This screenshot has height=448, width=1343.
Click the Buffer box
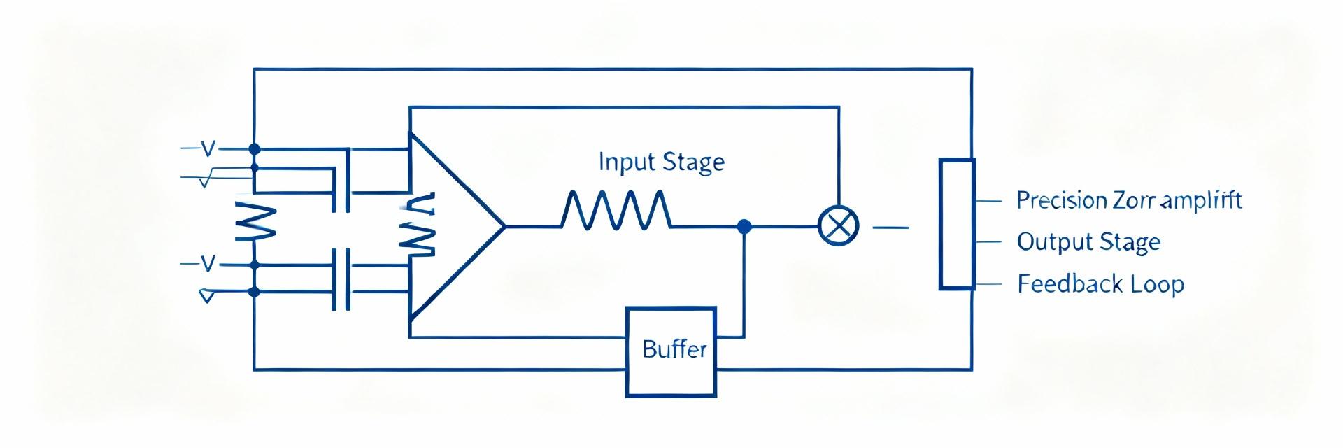[671, 351]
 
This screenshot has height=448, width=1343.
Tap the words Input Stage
[661, 162]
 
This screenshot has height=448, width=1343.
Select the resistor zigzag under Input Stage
[616, 210]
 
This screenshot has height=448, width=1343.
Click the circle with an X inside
[838, 227]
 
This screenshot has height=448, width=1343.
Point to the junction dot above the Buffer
[744, 226]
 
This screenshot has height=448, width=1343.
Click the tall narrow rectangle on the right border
[956, 224]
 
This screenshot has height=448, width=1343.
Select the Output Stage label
[1088, 242]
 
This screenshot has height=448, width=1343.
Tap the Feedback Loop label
[1100, 284]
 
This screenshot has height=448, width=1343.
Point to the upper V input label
[208, 148]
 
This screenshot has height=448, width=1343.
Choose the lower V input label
[208, 264]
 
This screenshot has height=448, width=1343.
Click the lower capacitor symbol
[341, 279]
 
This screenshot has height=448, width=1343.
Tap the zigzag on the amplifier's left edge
[418, 225]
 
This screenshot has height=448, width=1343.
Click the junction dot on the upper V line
[254, 148]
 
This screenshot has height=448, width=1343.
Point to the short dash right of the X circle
[891, 227]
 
